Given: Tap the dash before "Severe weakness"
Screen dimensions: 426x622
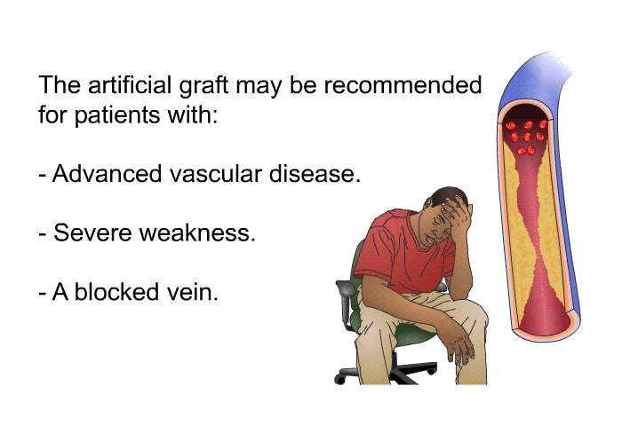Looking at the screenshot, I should [x=44, y=235].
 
